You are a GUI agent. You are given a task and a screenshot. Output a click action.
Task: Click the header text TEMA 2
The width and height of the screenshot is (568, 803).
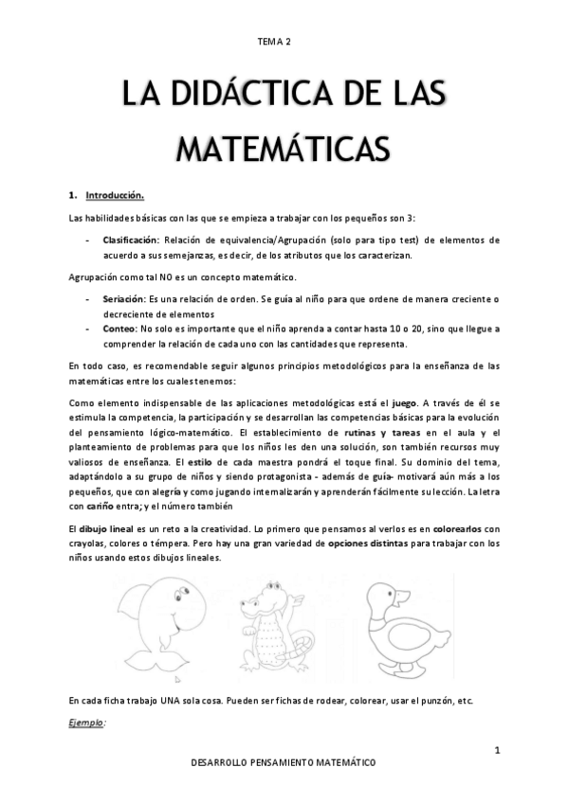click(x=274, y=43)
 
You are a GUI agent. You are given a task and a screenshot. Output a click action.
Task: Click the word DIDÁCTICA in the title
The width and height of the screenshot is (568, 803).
click(x=244, y=98)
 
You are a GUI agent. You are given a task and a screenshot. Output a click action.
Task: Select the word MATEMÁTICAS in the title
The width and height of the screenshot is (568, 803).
click(x=284, y=149)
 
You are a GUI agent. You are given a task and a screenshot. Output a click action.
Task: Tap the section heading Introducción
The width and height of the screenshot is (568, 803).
click(x=115, y=196)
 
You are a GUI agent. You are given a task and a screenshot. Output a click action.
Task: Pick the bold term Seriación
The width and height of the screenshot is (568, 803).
click(x=123, y=299)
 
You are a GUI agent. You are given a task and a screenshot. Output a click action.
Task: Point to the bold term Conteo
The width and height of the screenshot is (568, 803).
click(x=119, y=328)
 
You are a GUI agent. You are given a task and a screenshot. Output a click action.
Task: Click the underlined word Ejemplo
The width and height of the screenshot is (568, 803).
click(x=87, y=723)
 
